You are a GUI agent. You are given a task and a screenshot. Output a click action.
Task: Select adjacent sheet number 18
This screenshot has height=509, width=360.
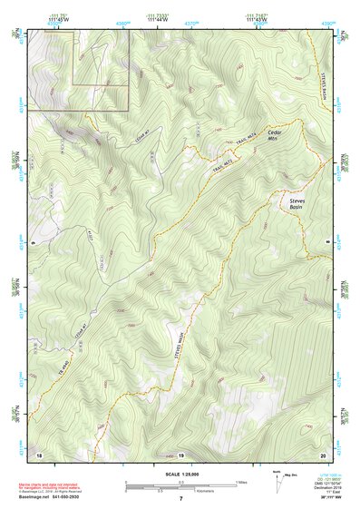click(39, 453)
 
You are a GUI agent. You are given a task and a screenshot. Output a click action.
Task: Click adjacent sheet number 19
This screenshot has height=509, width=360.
click(180, 453)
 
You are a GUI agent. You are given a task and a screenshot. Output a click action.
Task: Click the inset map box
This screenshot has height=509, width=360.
click(78, 69)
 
